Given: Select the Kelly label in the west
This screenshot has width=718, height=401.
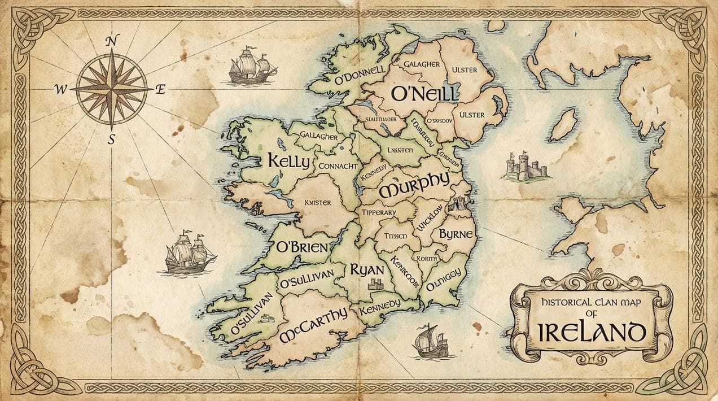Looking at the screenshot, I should coord(288,161).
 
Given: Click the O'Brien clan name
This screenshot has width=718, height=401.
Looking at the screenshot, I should coord(301,247).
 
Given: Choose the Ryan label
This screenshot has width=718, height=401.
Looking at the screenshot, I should coord(367,269).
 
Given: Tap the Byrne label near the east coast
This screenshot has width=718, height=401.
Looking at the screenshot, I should coord(456,234).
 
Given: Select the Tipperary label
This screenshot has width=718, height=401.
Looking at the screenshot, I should coord(379,212).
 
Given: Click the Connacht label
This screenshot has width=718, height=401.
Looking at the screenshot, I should coord(338,166).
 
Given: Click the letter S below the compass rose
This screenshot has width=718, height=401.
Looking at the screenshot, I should coord(111,140).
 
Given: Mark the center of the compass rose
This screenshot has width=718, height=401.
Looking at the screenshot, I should coord(112,89).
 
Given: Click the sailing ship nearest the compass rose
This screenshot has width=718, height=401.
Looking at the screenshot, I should coord(252,66).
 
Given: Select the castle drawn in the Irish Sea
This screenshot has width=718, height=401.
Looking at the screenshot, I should coord(524,167).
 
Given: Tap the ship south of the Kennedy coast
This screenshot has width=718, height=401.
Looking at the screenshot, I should coord(431,341).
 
